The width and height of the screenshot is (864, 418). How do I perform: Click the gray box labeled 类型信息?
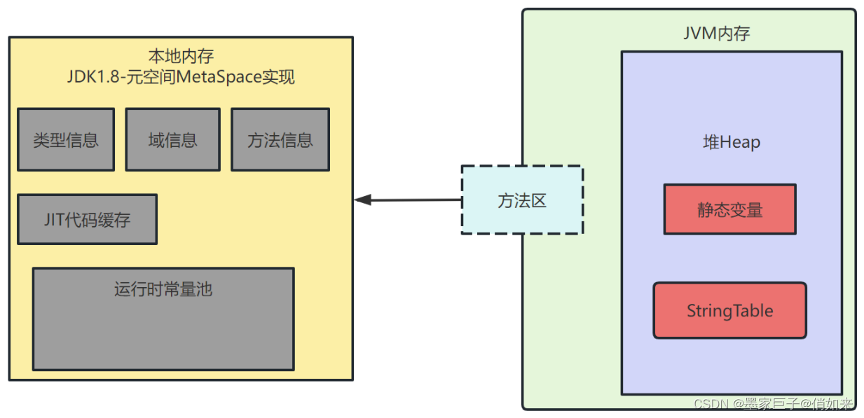[66, 139]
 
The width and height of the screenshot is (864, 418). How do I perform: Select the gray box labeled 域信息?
[172, 139]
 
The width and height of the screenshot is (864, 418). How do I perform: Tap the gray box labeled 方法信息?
[280, 139]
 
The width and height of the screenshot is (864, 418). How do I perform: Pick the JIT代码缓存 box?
[87, 219]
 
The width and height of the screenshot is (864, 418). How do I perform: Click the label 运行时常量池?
[163, 289]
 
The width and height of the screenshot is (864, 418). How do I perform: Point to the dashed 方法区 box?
[522, 200]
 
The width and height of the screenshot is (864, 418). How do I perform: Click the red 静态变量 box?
[729, 209]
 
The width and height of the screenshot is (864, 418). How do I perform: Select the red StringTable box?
[729, 310]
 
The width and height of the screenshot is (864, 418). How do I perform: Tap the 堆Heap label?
[732, 142]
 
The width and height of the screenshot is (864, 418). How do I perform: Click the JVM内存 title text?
[716, 33]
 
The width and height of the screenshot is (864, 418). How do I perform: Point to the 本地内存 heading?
[181, 55]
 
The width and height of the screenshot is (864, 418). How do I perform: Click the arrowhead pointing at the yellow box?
[362, 200]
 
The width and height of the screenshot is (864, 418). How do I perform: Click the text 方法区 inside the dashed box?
[522, 201]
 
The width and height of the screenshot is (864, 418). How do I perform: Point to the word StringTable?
[729, 311]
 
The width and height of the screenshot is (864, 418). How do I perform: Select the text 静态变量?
[729, 209]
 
